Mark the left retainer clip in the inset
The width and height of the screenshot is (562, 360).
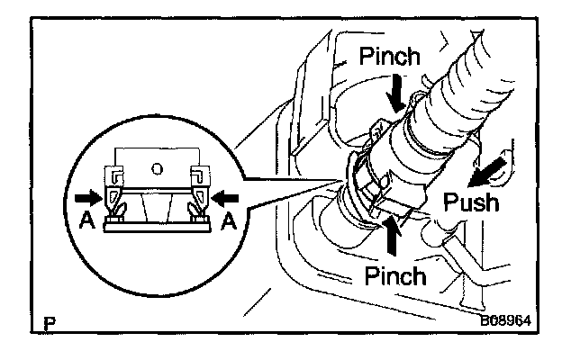tap(115, 199)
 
